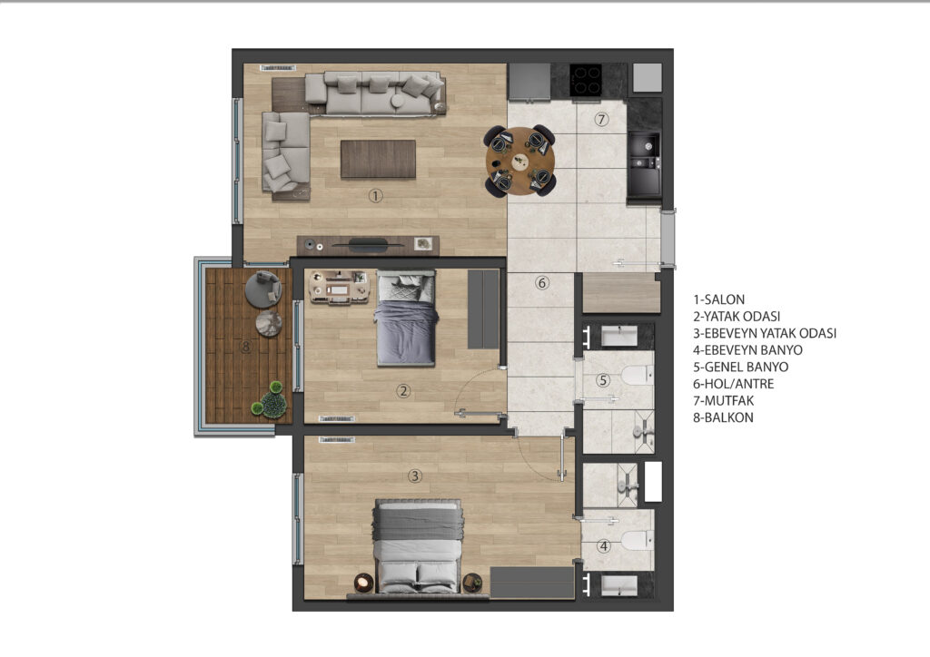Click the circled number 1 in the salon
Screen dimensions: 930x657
[375, 195]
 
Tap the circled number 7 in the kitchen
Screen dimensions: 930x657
[601, 119]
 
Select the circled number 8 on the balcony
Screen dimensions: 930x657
[246, 347]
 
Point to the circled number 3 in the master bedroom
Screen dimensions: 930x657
[414, 476]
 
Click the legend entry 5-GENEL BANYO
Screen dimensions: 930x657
[741, 367]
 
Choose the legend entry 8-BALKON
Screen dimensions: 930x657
[724, 417]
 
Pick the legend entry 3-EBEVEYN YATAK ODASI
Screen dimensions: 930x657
[765, 333]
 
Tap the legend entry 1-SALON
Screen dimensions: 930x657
[719, 299]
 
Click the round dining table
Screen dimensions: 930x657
[520, 162]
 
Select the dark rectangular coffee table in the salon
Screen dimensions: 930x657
[378, 159]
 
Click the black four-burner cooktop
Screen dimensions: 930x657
[586, 80]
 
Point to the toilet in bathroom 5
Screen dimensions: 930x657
[637, 376]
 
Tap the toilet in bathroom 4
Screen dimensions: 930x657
[637, 540]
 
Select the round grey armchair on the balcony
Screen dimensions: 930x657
[263, 289]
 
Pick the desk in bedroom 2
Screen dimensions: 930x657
[340, 288]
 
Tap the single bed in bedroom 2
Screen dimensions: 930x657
[406, 318]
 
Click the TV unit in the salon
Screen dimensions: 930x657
[368, 245]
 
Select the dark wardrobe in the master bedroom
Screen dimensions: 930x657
[532, 583]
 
